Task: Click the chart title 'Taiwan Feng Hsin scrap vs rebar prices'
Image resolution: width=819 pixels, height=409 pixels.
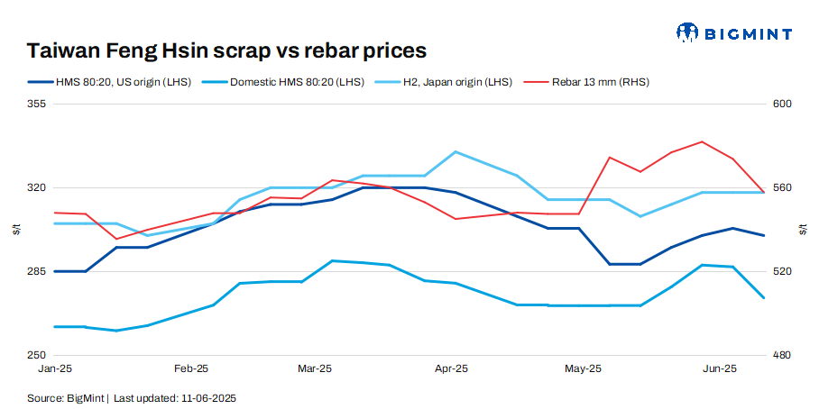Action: tap(226, 50)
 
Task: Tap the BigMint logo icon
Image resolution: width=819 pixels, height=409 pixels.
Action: tap(688, 33)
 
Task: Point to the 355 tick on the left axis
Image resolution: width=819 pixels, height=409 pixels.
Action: tap(38, 105)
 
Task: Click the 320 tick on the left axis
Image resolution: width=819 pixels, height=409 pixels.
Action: tap(38, 188)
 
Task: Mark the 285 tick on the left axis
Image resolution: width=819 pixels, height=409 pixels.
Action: tap(38, 272)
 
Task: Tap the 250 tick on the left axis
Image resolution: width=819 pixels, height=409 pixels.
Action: tap(38, 355)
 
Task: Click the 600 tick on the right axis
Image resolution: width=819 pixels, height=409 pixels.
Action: tap(781, 105)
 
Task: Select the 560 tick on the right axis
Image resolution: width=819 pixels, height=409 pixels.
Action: tap(781, 188)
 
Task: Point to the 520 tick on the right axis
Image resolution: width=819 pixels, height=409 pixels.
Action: tap(781, 272)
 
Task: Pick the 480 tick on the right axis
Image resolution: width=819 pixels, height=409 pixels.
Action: tap(781, 355)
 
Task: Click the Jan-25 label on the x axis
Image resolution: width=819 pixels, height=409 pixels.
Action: tap(56, 368)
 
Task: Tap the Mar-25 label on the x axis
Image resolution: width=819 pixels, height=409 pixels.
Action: tap(315, 368)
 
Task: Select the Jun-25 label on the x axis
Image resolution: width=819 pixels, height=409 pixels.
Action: tap(720, 368)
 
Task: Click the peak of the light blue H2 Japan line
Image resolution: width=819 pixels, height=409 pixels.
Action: tap(456, 151)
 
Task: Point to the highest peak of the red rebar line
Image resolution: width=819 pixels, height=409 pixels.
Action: tap(702, 141)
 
